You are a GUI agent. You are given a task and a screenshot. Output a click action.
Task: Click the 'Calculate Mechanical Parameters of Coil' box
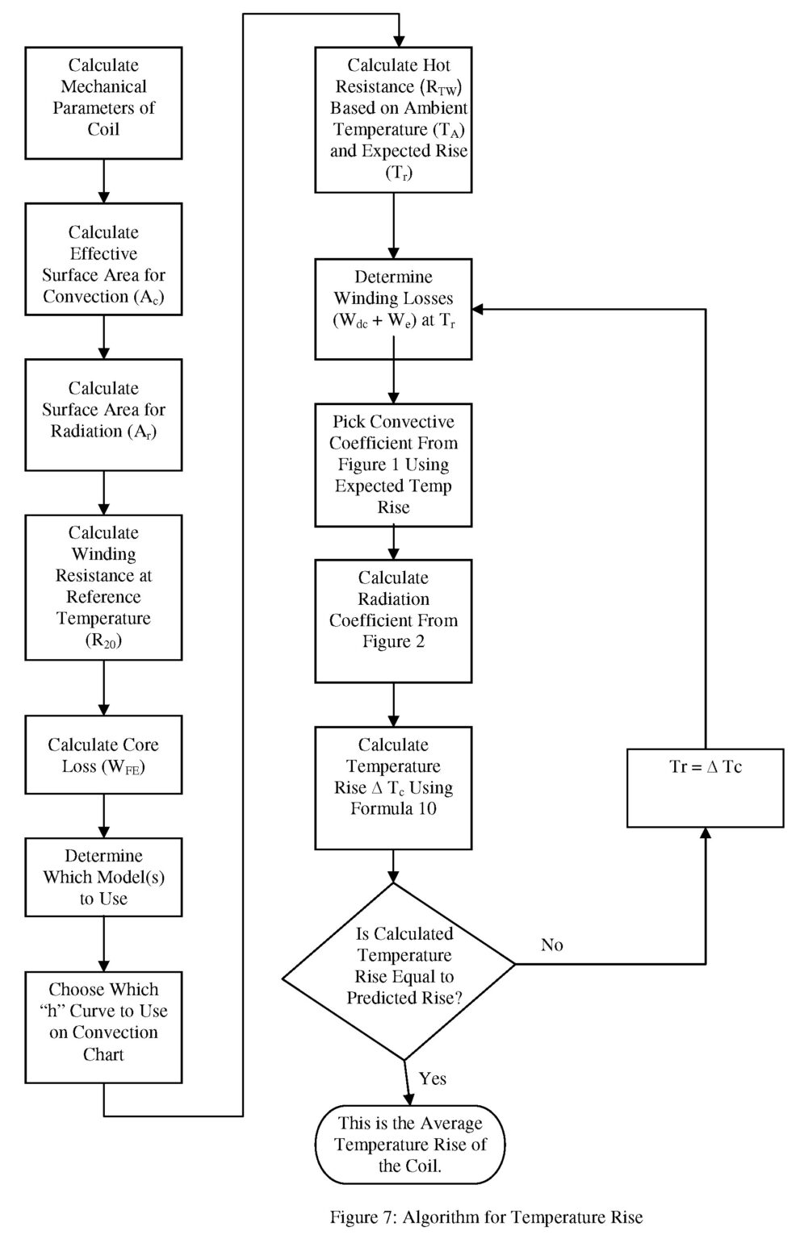103,102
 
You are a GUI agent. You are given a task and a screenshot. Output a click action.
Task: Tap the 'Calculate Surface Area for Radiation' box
103,414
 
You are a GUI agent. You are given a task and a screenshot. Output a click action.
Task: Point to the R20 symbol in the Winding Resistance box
103,640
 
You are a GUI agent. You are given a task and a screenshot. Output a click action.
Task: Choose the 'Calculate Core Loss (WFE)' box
103,754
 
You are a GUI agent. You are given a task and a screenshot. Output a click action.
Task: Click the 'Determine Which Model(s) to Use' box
103,877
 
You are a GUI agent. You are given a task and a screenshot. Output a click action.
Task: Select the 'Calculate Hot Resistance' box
393,119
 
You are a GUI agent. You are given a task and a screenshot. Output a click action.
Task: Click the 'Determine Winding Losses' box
393,309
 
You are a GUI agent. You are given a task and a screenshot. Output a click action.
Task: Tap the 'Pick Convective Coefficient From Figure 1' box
393,465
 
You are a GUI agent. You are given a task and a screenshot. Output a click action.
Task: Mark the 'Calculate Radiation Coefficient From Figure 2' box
393,621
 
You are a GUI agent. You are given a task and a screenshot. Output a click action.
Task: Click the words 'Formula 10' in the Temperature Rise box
393,808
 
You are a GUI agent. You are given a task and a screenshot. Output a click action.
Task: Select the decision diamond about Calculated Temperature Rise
398,970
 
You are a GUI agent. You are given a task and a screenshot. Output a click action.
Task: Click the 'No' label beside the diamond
552,945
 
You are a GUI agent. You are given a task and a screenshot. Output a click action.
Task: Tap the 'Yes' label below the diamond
433,1078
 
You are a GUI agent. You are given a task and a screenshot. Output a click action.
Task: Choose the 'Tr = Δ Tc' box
705,787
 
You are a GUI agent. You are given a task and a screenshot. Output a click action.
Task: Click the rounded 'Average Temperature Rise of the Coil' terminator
410,1144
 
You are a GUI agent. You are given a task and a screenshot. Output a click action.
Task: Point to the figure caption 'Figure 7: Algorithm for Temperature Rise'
486,1217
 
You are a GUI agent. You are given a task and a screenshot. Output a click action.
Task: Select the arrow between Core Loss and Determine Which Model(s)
103,816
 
